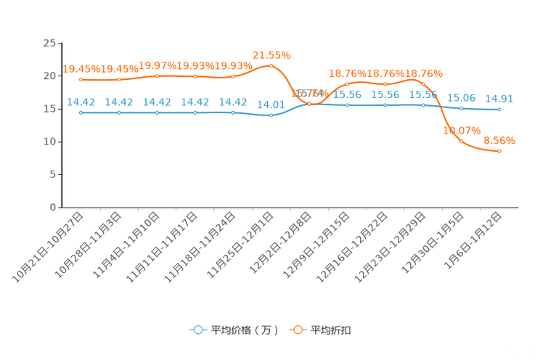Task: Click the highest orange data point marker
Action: point(271,66)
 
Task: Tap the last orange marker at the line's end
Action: point(499,151)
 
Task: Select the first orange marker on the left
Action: point(81,79)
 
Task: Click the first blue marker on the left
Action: point(81,112)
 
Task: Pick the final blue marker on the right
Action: point(499,110)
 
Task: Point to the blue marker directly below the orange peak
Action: point(271,115)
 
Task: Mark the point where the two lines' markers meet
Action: point(309,104)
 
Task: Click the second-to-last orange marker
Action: point(461,141)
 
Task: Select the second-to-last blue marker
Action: point(461,109)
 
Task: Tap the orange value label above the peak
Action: point(271,54)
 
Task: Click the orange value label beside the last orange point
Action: point(499,140)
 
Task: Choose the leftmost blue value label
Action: point(81,102)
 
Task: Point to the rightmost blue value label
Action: point(499,99)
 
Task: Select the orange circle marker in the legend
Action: point(298,330)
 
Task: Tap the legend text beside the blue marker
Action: point(244,330)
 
